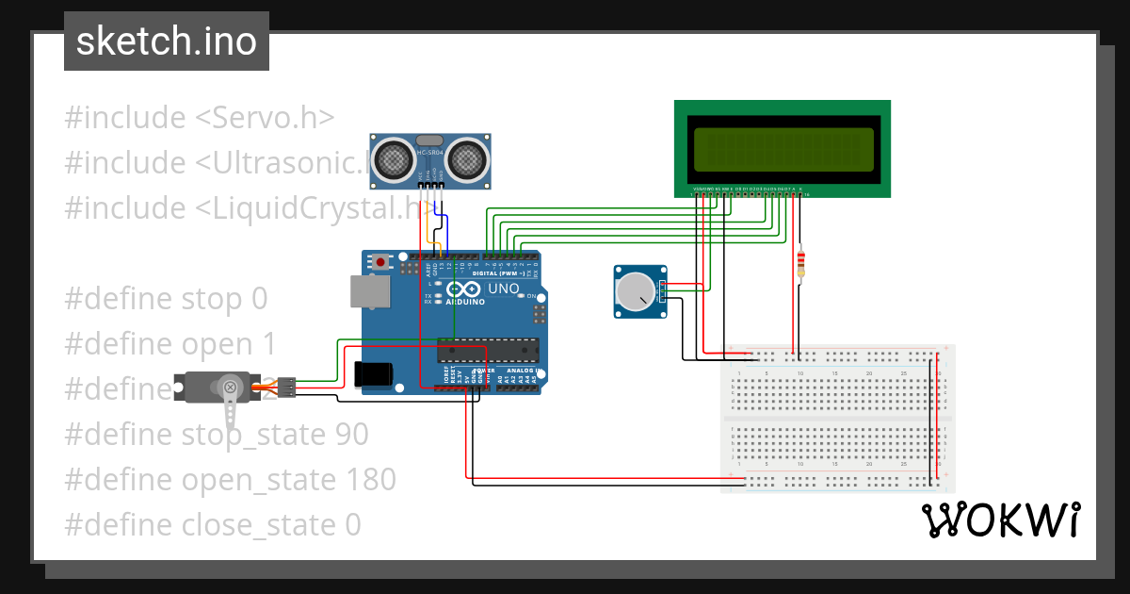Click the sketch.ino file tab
[x=166, y=41]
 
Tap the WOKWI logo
[x=999, y=520]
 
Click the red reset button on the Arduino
[x=380, y=261]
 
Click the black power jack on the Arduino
[x=373, y=373]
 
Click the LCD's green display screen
[x=783, y=149]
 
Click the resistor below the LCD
[x=800, y=263]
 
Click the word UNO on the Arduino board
[x=503, y=289]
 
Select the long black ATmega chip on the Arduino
[x=487, y=350]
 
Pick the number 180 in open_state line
[x=369, y=480]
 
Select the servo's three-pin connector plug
[x=286, y=386]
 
